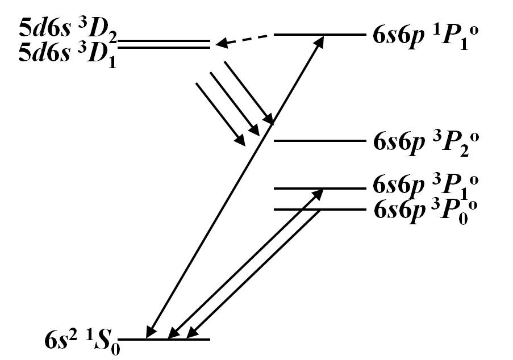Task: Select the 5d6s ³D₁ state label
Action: [67, 55]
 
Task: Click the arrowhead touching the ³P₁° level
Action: [320, 192]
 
